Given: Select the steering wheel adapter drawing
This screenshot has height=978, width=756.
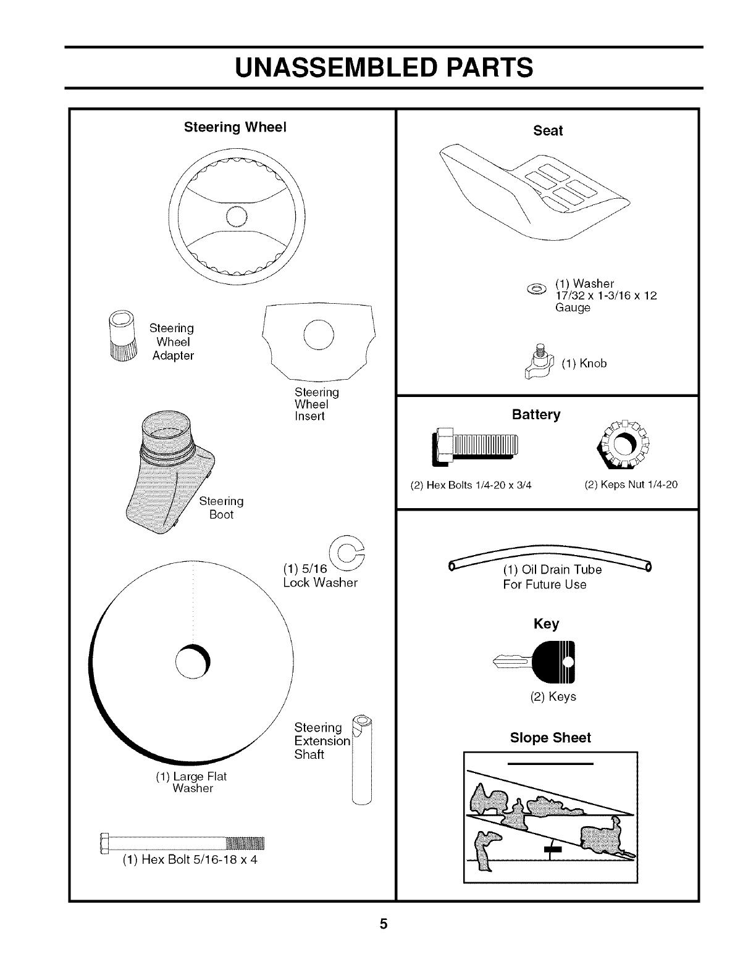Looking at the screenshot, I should coord(121,337).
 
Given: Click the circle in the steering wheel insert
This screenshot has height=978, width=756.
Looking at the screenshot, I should coord(319,335).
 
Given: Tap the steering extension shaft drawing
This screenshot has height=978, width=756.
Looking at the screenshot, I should coord(363,759).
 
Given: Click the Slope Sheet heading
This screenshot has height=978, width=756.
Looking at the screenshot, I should coord(550,738).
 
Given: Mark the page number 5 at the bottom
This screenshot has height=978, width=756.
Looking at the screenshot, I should coord(384,924).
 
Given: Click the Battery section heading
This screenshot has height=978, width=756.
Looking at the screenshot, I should coord(536,414).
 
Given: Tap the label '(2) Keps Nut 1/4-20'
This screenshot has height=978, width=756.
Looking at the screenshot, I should coord(631,485).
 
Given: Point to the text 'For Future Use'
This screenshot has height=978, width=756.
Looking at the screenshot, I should coord(544,584).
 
